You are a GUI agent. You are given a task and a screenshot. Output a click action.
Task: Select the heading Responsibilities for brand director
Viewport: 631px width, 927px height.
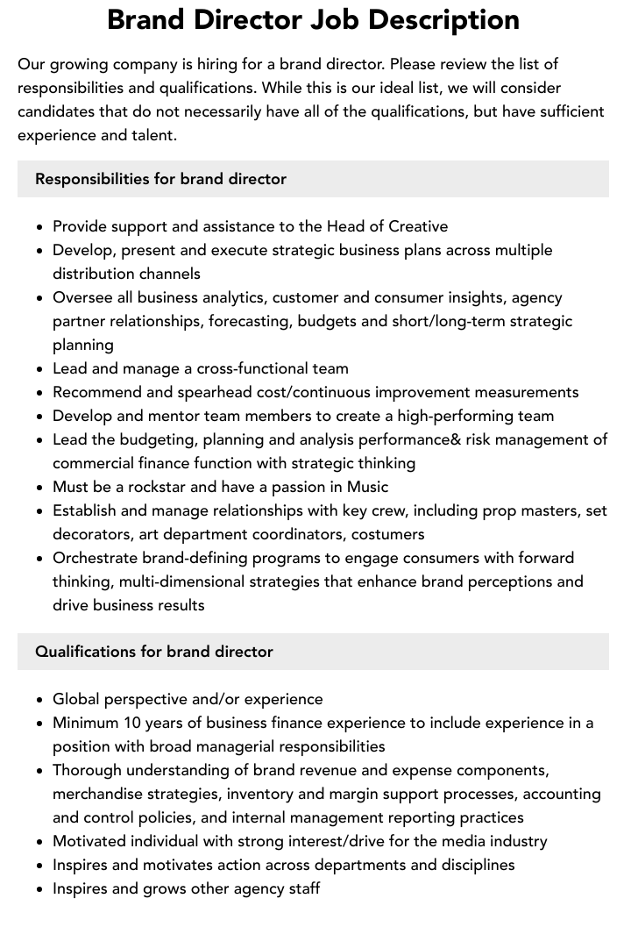(x=160, y=179)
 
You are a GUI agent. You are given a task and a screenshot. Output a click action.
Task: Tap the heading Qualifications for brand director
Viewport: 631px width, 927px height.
(x=154, y=652)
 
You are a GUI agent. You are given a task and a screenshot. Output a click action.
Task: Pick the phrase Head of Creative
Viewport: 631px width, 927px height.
(x=386, y=226)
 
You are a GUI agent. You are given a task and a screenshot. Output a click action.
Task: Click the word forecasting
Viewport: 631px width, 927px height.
(x=248, y=321)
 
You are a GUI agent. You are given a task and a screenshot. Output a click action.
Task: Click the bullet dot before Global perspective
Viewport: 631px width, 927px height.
(x=40, y=700)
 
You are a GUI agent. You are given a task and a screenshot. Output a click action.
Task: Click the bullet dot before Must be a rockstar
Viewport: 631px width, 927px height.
(x=40, y=488)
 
